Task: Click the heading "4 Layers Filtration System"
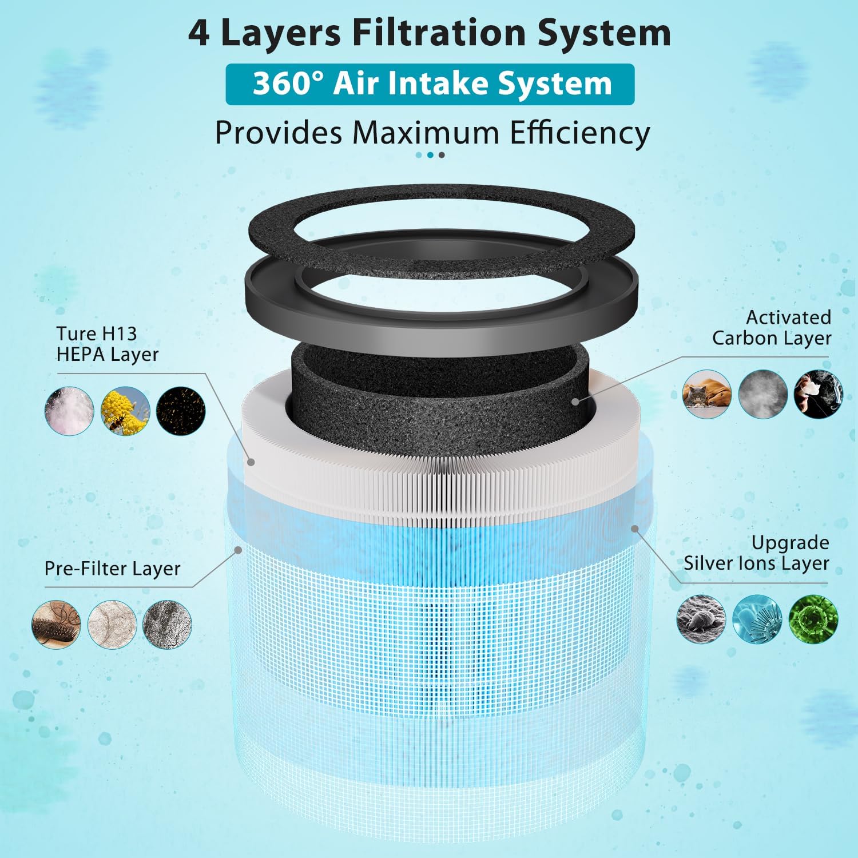[429, 33]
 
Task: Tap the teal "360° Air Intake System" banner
[430, 84]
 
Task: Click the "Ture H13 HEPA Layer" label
[107, 344]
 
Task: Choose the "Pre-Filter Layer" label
[112, 569]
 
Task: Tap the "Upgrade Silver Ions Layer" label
[756, 553]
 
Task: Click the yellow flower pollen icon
[125, 411]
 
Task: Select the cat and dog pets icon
[707, 394]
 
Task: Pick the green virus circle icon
[813, 619]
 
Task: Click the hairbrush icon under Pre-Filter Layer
[56, 624]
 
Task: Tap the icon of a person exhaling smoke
[818, 394]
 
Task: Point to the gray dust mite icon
[701, 619]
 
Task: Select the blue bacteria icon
[757, 619]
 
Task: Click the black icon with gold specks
[181, 411]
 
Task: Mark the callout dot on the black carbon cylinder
[575, 402]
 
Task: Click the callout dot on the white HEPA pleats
[250, 462]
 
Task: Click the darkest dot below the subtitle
[441, 155]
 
